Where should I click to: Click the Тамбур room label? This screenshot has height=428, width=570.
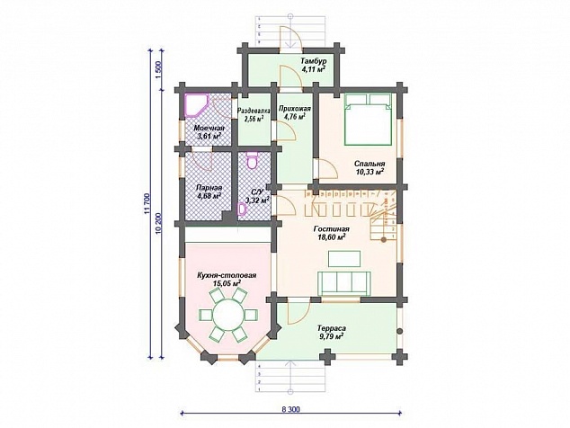pyautogui.click(x=314, y=60)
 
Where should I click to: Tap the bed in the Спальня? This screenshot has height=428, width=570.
pyautogui.click(x=368, y=120)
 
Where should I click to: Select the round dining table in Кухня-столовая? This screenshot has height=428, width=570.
pyautogui.click(x=228, y=314)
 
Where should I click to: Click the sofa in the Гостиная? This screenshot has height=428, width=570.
pyautogui.click(x=344, y=283)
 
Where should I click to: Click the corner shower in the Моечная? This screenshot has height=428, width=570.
pyautogui.click(x=196, y=104)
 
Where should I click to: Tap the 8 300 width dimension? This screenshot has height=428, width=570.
pyautogui.click(x=290, y=409)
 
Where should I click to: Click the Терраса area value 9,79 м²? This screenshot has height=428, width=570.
pyautogui.click(x=331, y=336)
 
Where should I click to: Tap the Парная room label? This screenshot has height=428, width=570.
pyautogui.click(x=209, y=188)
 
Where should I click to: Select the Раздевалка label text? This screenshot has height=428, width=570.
pyautogui.click(x=254, y=111)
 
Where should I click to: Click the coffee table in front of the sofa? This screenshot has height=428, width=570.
pyautogui.click(x=344, y=259)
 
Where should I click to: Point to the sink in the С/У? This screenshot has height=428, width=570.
pyautogui.click(x=241, y=209)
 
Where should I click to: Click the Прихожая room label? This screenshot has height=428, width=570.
pyautogui.click(x=295, y=109)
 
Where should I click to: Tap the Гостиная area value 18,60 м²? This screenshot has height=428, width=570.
pyautogui.click(x=331, y=237)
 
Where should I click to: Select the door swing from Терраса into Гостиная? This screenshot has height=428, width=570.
pyautogui.click(x=298, y=311)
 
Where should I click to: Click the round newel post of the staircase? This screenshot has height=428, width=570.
pyautogui.click(x=383, y=240)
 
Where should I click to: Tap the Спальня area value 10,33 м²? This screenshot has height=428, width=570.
pyautogui.click(x=370, y=172)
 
